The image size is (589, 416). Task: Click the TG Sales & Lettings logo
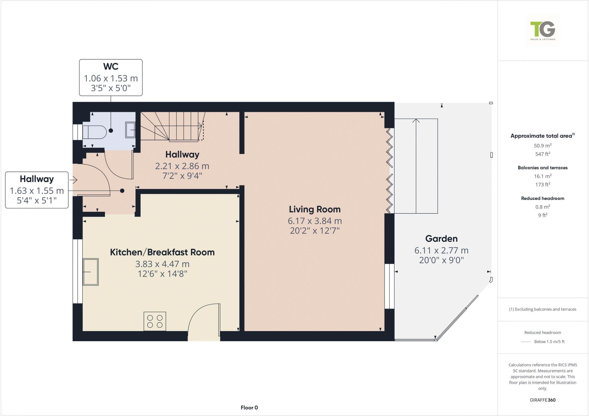click(x=543, y=30)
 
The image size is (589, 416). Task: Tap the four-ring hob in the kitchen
click(x=155, y=321)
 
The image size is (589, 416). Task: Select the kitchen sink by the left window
click(x=91, y=272)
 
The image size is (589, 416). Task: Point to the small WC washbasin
click(x=130, y=130)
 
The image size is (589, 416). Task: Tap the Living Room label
click(x=315, y=209)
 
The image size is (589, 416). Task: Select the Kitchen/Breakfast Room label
click(x=162, y=252)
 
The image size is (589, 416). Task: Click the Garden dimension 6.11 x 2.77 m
click(x=441, y=251)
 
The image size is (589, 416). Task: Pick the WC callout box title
click(x=111, y=66)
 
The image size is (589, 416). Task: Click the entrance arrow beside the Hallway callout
click(x=74, y=180)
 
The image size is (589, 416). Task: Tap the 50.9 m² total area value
click(x=543, y=146)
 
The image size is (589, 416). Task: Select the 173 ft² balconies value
click(x=543, y=185)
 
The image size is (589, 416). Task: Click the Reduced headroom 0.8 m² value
click(x=543, y=207)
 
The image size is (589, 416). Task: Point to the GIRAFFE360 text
click(x=543, y=400)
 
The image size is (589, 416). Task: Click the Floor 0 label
click(x=249, y=408)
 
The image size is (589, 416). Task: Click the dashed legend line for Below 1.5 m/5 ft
click(x=525, y=342)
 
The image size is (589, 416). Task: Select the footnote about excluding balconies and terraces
click(x=543, y=309)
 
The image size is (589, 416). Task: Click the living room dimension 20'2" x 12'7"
click(x=315, y=231)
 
